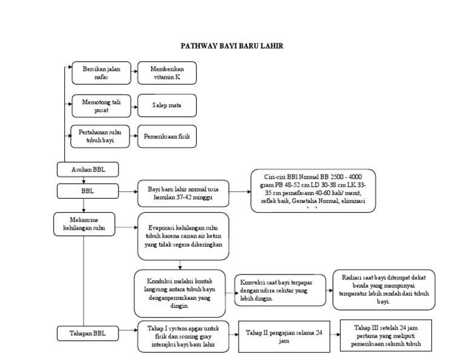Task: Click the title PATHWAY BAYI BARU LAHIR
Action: [232, 45]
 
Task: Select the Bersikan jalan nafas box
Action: [102, 73]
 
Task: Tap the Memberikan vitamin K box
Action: [166, 73]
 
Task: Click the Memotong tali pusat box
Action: [102, 105]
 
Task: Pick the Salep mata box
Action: [166, 105]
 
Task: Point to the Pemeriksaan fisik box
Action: [167, 137]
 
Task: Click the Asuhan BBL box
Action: [88, 169]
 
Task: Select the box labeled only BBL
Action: [88, 192]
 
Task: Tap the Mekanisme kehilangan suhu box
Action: [84, 223]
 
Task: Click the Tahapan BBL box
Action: [88, 333]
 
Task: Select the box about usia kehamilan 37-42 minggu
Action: [183, 193]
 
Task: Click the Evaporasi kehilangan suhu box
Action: [183, 236]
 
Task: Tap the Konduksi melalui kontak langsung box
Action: [180, 293]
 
